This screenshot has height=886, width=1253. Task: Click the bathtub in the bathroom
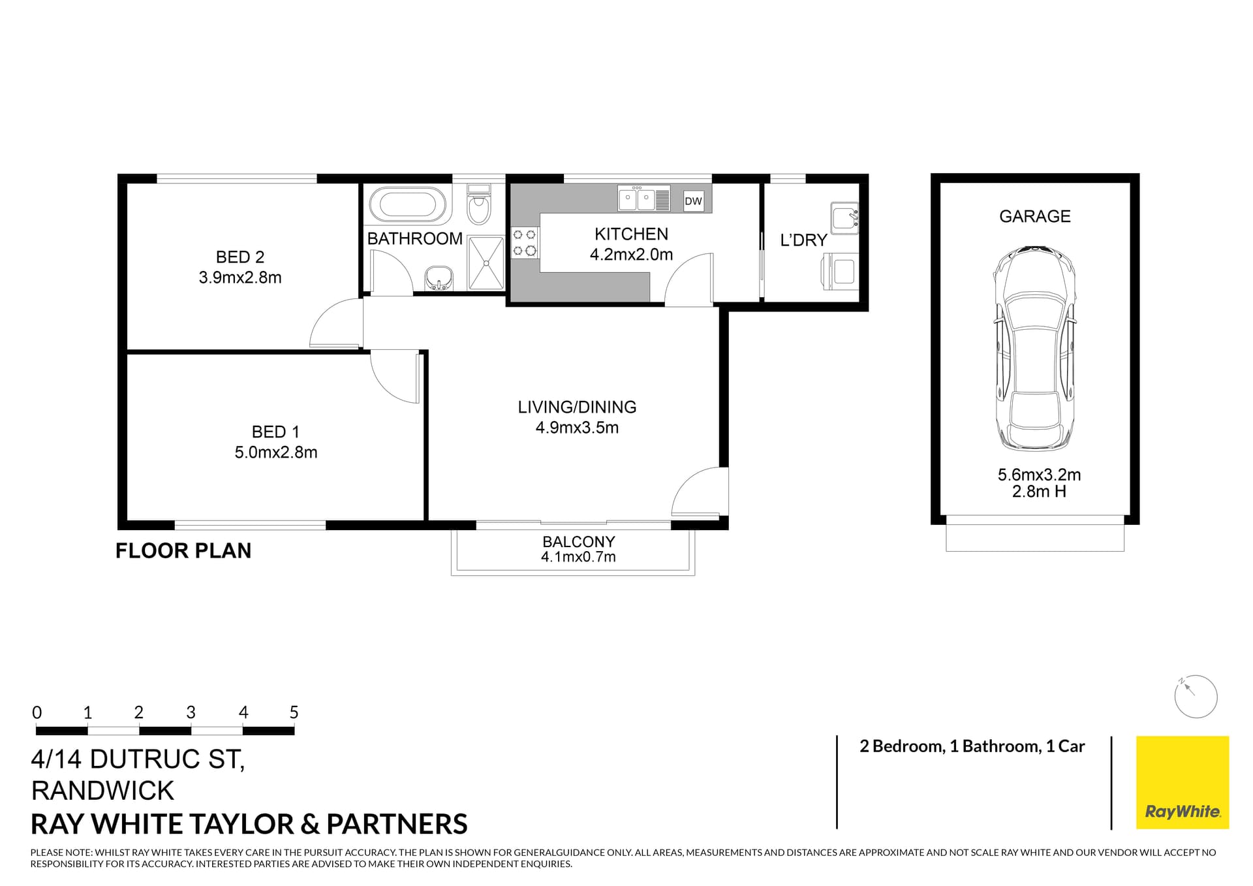407,204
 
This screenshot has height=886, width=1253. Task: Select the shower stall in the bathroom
486,263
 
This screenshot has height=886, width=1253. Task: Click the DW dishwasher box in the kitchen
693,201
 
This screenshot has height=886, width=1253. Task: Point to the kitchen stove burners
525,242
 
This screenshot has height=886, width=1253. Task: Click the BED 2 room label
240,257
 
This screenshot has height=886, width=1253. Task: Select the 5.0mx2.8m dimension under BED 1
275,452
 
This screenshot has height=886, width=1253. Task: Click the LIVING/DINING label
577,407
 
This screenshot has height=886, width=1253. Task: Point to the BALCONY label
578,542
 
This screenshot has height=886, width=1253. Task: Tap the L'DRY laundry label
803,240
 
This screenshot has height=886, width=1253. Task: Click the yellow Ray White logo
1182,782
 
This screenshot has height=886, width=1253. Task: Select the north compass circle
1196,697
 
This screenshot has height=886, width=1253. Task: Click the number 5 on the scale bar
294,712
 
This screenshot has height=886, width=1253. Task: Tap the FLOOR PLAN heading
183,551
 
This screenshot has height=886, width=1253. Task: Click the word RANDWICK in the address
102,791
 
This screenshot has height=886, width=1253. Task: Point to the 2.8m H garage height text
1039,492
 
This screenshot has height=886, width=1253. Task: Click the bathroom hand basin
439,277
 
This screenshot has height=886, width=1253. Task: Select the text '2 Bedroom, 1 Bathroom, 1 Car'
972,746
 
